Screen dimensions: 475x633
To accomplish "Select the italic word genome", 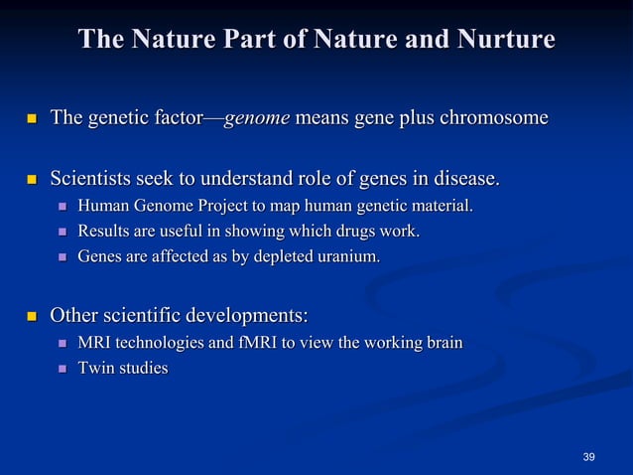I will (257, 119).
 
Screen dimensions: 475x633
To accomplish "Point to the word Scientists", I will (95, 180).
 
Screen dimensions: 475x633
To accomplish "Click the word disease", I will (462, 180).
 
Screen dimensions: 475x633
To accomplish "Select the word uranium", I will (347, 257).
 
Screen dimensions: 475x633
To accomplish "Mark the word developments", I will (246, 317).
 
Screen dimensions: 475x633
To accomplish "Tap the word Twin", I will (96, 369).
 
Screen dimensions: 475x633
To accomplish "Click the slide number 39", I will (589, 457).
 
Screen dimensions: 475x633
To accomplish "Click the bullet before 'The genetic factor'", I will (30, 120).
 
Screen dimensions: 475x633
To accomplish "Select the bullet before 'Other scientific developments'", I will (30, 318).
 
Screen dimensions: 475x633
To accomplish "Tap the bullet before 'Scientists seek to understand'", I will (30, 181).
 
